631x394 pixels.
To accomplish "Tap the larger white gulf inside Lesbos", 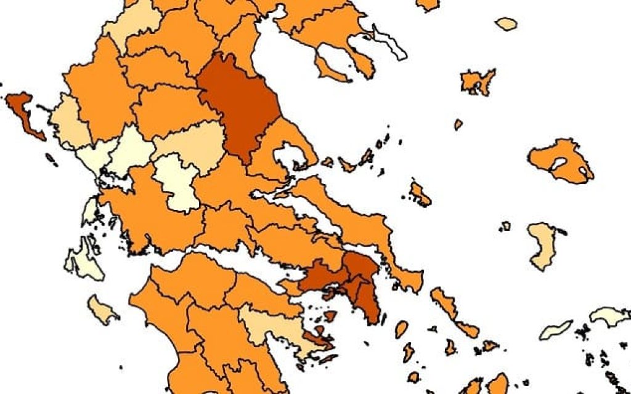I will click(560, 164).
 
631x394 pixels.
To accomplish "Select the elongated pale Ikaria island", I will click(555, 330).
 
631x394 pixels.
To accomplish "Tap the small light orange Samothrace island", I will click(506, 24).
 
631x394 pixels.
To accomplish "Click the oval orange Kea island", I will click(401, 329).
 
